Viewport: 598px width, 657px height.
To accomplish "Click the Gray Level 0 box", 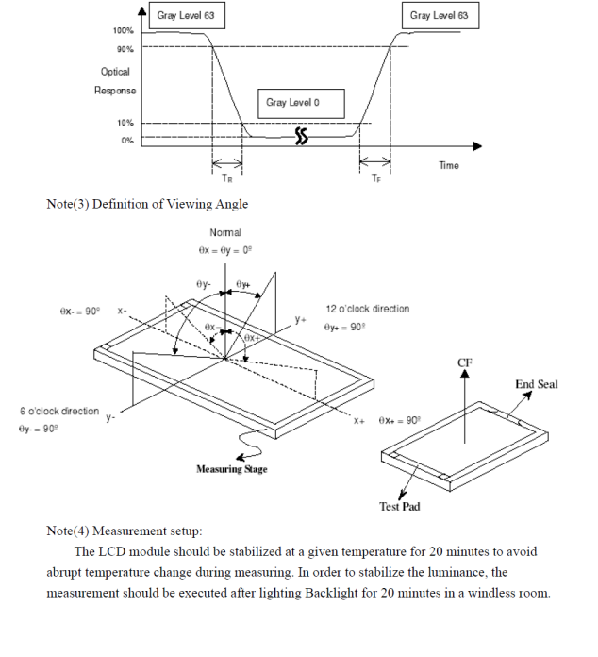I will (x=300, y=103).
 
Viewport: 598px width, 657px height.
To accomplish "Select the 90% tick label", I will (x=125, y=49).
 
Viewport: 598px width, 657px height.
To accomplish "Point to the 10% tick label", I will (x=125, y=123).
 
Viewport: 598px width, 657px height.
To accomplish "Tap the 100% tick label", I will (x=123, y=31).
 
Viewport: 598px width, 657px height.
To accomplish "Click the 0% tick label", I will (x=126, y=141).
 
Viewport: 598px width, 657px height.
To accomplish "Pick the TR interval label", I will (x=227, y=177).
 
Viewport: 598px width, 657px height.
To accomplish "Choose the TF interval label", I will (x=376, y=177).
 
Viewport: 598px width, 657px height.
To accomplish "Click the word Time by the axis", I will (x=449, y=166).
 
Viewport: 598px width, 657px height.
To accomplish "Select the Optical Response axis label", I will (x=115, y=81).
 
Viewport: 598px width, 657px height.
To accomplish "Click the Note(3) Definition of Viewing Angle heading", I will (x=147, y=204).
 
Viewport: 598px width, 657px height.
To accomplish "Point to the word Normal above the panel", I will (x=225, y=232).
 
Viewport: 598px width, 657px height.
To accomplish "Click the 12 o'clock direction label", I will (x=368, y=309).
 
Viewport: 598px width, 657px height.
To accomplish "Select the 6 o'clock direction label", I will (x=59, y=412).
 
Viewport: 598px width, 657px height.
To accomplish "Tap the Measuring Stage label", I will (x=231, y=469).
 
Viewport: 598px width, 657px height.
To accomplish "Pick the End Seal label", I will (x=537, y=384).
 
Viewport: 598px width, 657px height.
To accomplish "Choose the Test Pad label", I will (x=400, y=507).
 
